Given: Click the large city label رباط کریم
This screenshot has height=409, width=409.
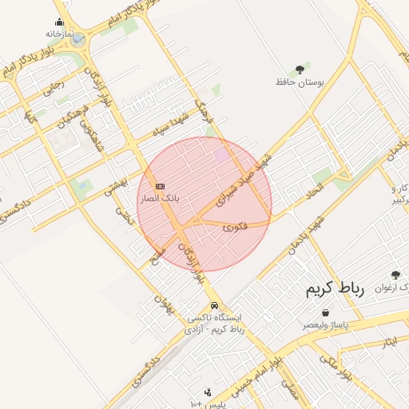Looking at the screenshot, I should (334, 289).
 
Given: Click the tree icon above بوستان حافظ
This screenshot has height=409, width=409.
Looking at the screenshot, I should (300, 69).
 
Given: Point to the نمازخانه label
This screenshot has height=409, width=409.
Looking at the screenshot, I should (60, 34).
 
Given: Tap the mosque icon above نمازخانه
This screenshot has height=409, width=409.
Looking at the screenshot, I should (60, 22).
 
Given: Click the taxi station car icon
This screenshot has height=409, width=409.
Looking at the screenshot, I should (213, 305).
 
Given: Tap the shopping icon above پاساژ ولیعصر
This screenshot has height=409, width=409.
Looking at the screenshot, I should (325, 313).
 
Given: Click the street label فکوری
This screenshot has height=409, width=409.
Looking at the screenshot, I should (236, 227).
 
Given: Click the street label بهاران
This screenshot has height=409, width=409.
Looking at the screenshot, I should (163, 304).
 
